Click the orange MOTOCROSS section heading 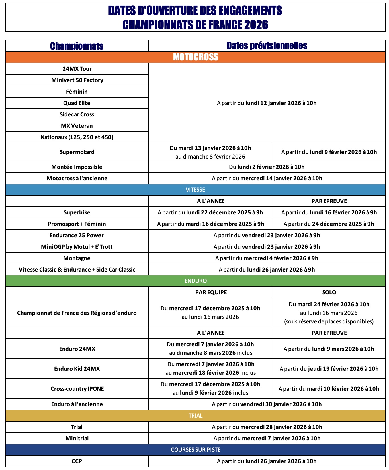pyautogui.click(x=196, y=57)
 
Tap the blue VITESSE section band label pyautogui.click(x=195, y=190)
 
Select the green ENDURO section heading pyautogui.click(x=196, y=281)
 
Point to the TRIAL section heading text pyautogui.click(x=195, y=416)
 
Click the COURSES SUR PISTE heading pyautogui.click(x=196, y=450)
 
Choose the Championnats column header pyautogui.click(x=77, y=46)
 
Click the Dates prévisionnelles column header pyautogui.click(x=267, y=46)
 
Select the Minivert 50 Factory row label pyautogui.click(x=77, y=80)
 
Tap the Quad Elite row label pyautogui.click(x=77, y=103)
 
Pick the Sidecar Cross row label pyautogui.click(x=77, y=114)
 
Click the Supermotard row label pyautogui.click(x=77, y=152)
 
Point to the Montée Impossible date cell pyautogui.click(x=267, y=167)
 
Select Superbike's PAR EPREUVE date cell pyautogui.click(x=329, y=212)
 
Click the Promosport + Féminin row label pyautogui.click(x=77, y=224)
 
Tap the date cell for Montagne pyautogui.click(x=267, y=258)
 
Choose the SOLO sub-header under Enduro pyautogui.click(x=329, y=292)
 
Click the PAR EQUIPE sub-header pyautogui.click(x=211, y=292)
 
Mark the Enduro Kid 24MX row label pyautogui.click(x=77, y=369)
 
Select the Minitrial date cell pyautogui.click(x=267, y=438)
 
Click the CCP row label pyautogui.click(x=77, y=461)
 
